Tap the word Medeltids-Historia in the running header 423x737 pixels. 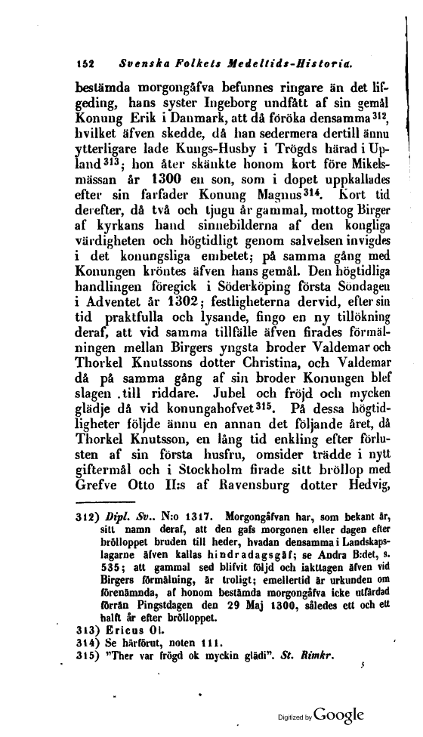point(288,57)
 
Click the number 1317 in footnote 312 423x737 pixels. point(196,520)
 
